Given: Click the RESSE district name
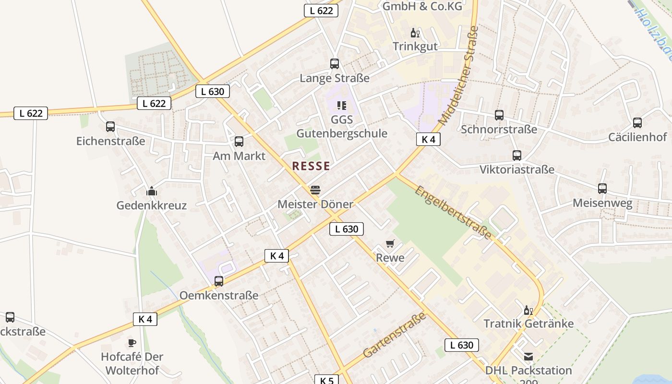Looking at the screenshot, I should [311, 166].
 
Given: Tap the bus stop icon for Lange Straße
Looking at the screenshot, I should [335, 64].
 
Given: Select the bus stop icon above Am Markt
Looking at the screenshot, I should [239, 142].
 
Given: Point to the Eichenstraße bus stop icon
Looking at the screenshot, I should [110, 127].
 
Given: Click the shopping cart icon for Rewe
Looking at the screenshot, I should [390, 244].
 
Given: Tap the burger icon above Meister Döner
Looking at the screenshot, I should [315, 190].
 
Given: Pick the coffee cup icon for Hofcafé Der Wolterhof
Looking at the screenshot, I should [132, 343].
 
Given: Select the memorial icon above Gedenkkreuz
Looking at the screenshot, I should [152, 192].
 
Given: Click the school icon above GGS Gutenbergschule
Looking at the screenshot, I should [342, 105].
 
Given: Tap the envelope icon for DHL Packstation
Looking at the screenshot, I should [528, 357].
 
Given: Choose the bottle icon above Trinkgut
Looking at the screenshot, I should [415, 33].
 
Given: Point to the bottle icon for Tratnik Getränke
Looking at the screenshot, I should [528, 310].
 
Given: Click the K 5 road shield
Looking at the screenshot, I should [327, 380].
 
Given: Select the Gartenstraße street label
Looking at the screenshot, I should [395, 335].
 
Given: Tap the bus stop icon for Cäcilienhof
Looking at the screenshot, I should [637, 123].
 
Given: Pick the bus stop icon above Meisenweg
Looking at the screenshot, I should [602, 189].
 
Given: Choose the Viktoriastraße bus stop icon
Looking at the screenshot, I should [517, 156].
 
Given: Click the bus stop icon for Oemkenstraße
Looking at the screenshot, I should [219, 281].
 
